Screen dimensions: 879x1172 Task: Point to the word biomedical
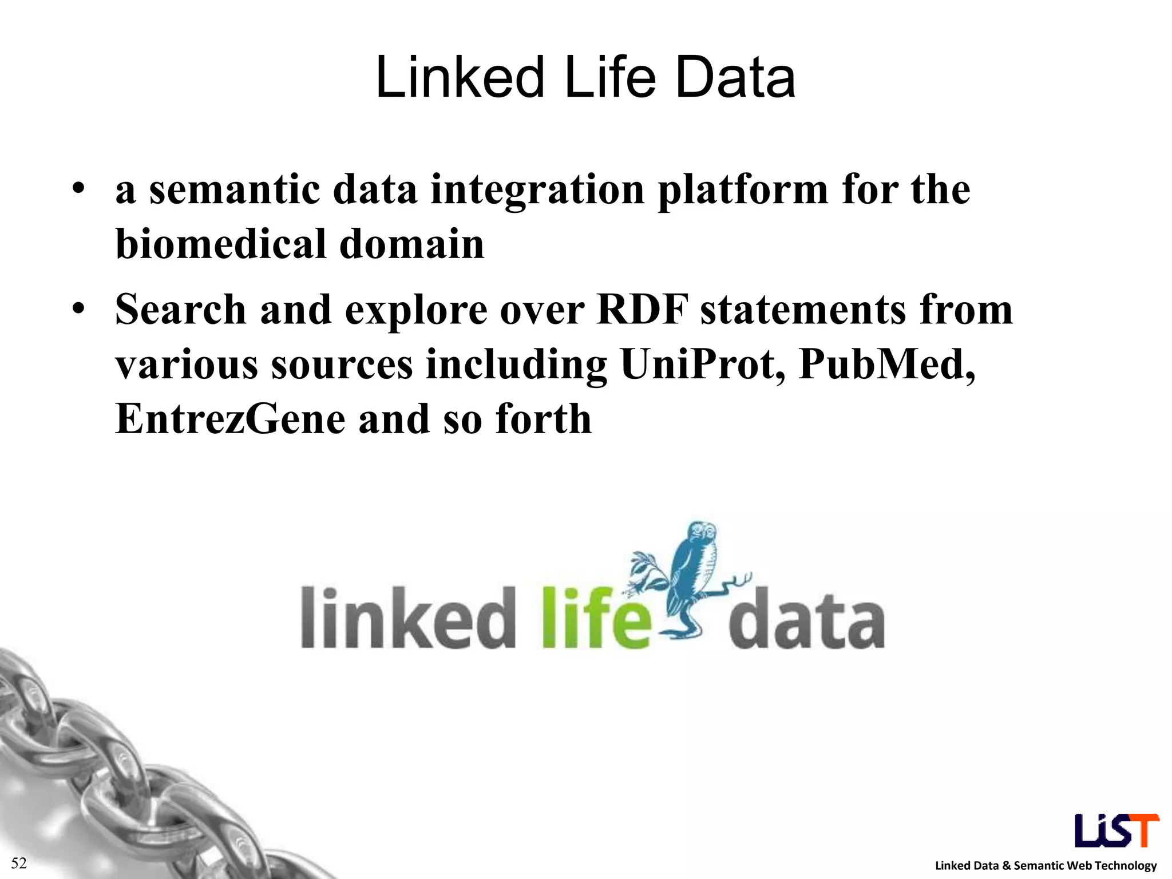(221, 244)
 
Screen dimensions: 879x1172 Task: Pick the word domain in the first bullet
(411, 244)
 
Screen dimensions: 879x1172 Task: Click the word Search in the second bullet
(181, 310)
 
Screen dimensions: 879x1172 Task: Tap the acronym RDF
(642, 310)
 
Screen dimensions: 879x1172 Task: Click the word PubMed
(886, 364)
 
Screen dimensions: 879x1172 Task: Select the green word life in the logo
(596, 618)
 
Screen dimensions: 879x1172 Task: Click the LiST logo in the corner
(1116, 830)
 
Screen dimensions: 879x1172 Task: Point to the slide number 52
(19, 863)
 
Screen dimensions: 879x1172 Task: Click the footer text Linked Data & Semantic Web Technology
(1046, 866)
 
